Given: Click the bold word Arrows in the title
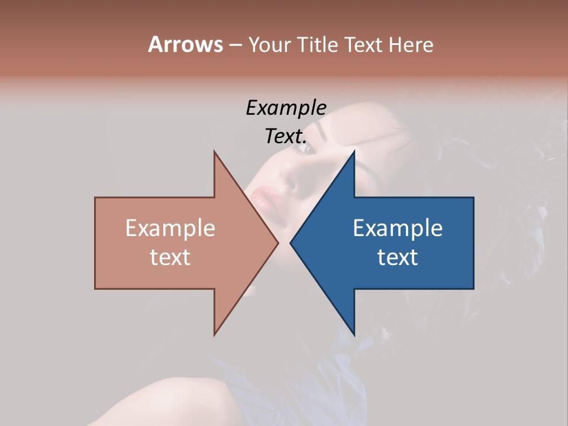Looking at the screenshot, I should (x=185, y=44).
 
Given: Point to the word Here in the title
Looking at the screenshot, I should (x=411, y=44).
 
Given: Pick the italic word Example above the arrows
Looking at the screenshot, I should (x=286, y=108).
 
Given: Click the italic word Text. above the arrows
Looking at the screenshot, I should (x=286, y=137).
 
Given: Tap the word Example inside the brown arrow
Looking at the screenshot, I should (x=170, y=228).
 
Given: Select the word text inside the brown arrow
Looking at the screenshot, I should (x=170, y=257).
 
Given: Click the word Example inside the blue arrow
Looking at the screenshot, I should (x=398, y=228).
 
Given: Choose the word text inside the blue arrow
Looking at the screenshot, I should (x=398, y=257).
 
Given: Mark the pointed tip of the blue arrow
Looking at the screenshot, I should (x=291, y=243).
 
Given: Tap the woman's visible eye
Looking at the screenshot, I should (x=308, y=148).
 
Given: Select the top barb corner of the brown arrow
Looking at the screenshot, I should (x=214, y=152).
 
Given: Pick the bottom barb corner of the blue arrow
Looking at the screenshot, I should (x=354, y=334).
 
